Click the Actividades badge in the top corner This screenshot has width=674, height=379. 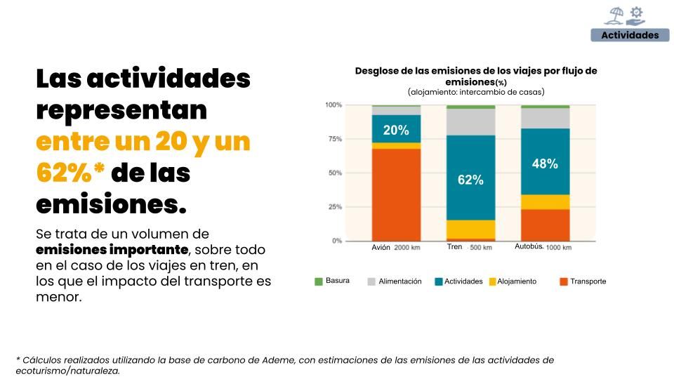(630, 35)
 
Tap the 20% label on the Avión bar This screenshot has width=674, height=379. (395, 130)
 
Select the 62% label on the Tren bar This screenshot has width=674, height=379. (470, 180)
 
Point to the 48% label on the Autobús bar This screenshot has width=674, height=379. (545, 164)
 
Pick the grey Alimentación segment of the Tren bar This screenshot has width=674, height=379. (470, 121)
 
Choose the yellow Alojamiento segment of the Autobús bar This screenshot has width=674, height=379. (545, 202)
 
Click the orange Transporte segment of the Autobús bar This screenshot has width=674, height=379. (545, 225)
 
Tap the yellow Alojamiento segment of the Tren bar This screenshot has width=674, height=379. (470, 230)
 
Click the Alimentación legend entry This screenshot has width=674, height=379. (399, 281)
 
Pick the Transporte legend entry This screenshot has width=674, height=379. (588, 281)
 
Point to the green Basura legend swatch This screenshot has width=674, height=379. (319, 281)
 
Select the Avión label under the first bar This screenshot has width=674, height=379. (381, 248)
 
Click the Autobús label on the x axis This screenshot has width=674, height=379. (529, 247)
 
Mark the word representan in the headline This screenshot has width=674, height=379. (121, 110)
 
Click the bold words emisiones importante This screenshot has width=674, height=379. (112, 250)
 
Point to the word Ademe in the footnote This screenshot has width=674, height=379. (282, 360)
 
